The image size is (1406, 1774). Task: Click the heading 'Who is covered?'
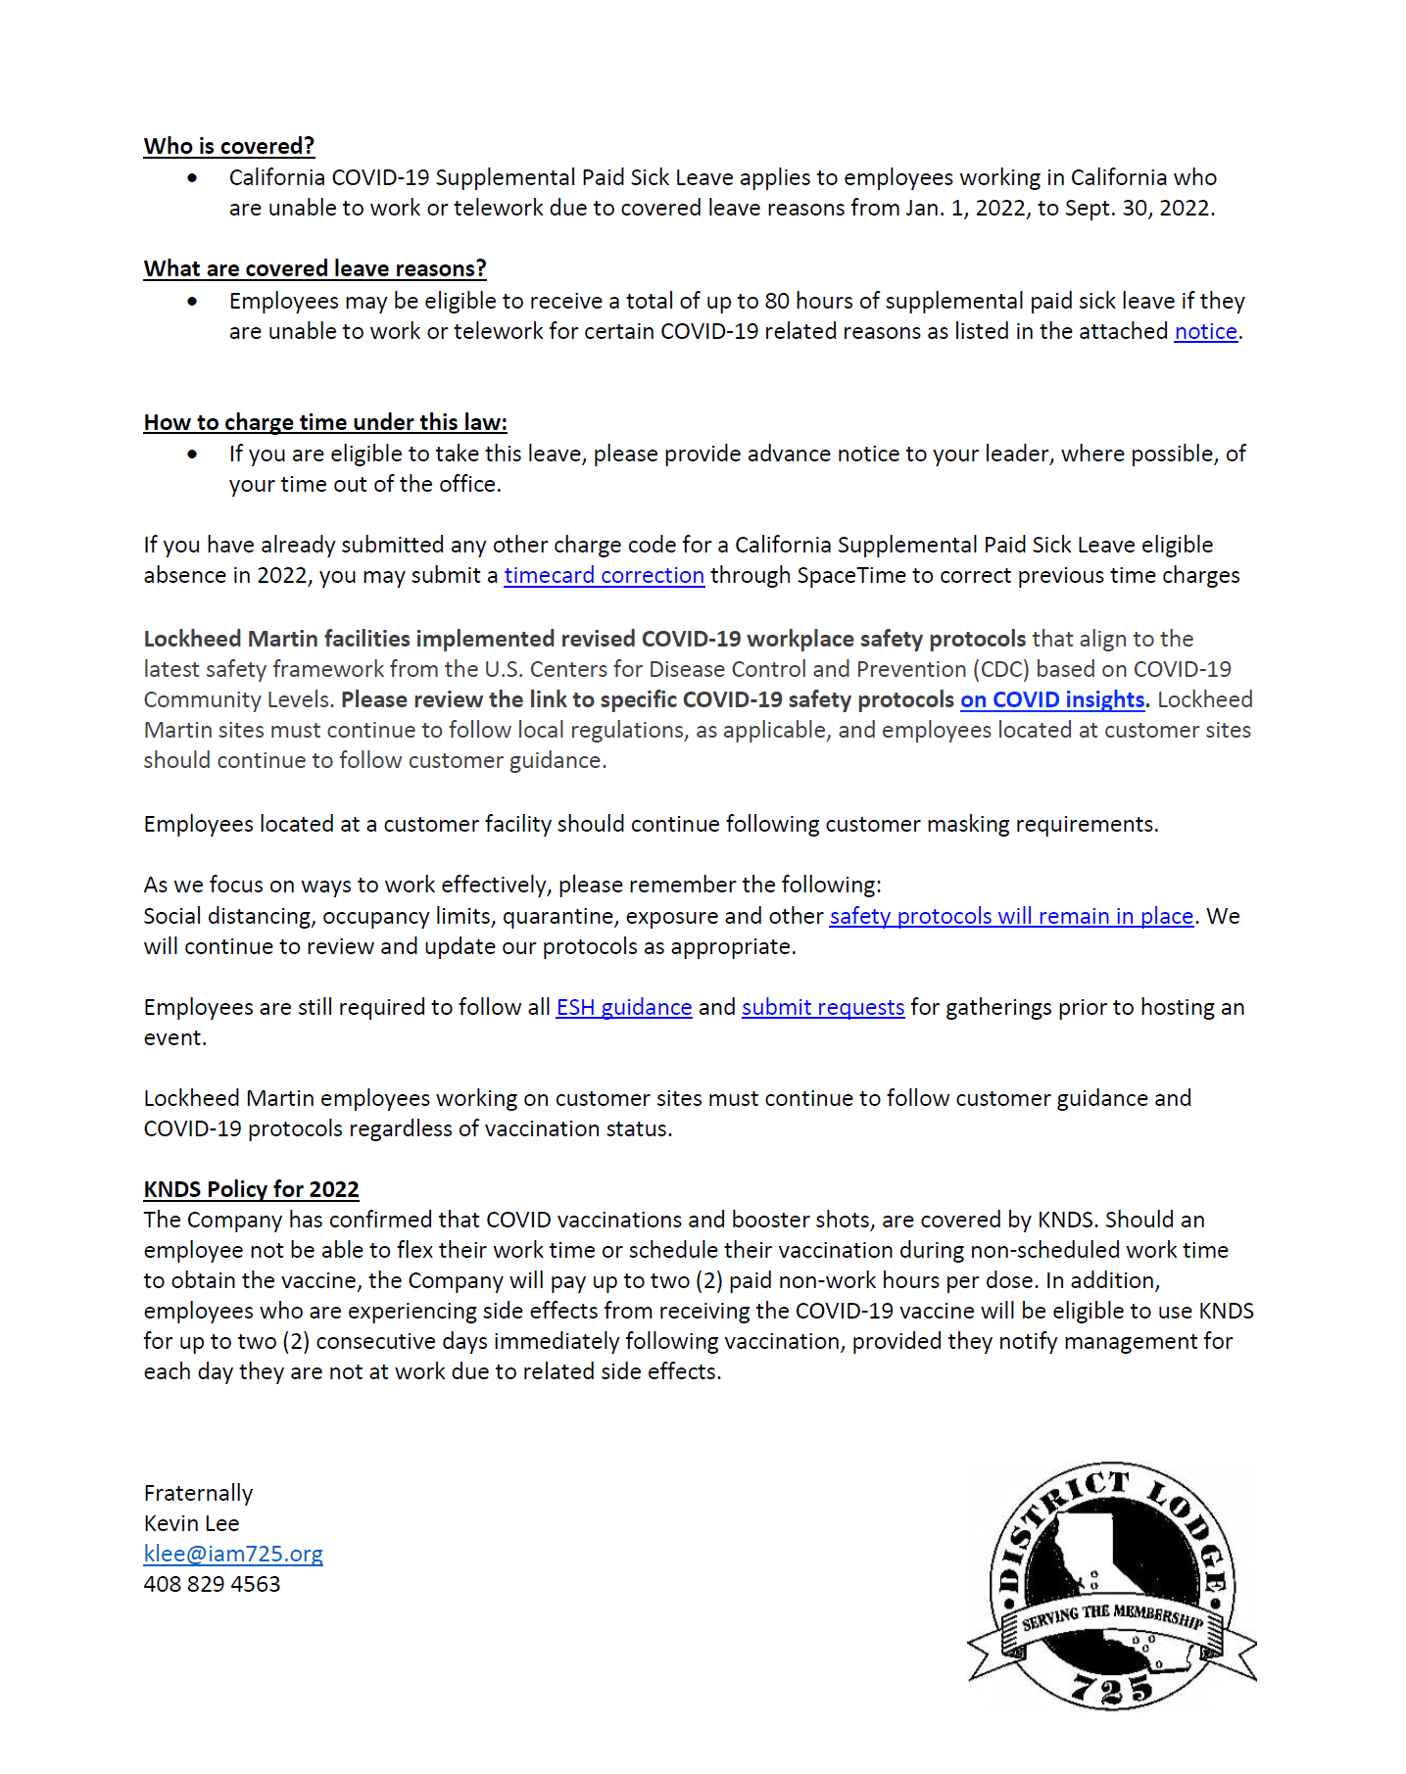tap(228, 146)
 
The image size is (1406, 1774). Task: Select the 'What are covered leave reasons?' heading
tap(315, 268)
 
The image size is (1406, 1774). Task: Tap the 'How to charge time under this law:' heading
tap(325, 422)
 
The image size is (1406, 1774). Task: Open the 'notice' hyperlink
tap(1205, 331)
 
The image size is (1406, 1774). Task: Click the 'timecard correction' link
tap(604, 575)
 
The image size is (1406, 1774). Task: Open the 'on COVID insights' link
tap(1052, 699)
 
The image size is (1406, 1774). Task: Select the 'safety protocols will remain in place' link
tap(1011, 916)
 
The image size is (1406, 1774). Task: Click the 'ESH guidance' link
tap(623, 1007)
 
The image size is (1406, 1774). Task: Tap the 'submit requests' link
tap(823, 1007)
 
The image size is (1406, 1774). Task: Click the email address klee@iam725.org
tap(233, 1554)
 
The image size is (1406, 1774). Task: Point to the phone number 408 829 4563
tap(212, 1584)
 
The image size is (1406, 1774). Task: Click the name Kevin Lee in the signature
tap(191, 1523)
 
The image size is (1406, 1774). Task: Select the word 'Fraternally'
tap(198, 1493)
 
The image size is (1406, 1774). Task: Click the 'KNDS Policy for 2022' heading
tap(251, 1189)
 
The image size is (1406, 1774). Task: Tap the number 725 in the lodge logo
tap(1112, 1687)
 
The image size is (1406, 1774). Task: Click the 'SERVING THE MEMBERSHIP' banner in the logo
tap(1112, 1617)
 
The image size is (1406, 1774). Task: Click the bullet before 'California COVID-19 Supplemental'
tap(192, 178)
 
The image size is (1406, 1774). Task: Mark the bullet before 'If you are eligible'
tap(192, 455)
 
